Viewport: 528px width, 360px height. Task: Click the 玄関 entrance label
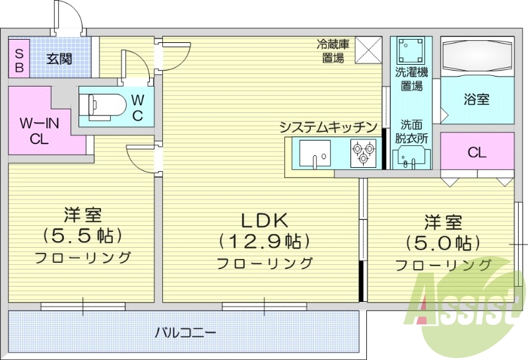tap(59, 58)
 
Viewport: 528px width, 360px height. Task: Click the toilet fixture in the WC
tap(106, 104)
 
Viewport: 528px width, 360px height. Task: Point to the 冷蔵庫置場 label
tap(334, 51)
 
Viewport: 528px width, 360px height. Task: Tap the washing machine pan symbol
tap(411, 50)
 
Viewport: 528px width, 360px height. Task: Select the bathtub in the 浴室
tap(477, 58)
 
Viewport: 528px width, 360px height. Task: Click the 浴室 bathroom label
tap(477, 100)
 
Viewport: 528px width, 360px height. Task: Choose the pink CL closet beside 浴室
tap(477, 151)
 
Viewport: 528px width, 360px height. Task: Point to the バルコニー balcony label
tap(185, 332)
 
